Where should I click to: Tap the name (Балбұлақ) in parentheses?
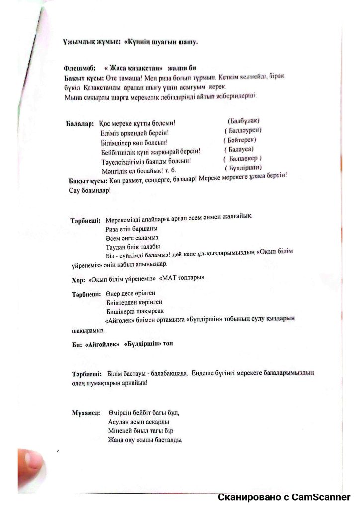[244, 121]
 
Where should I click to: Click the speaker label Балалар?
[80, 123]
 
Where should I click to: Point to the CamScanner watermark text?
[284, 497]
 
